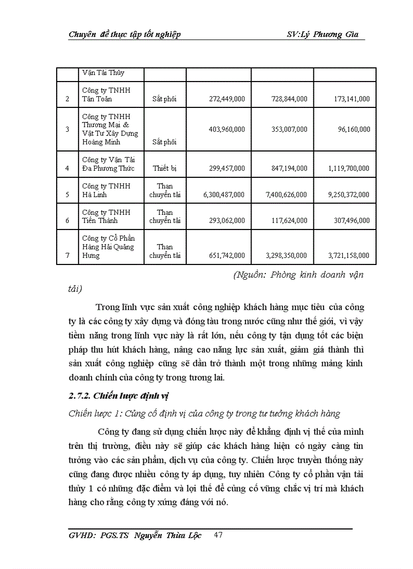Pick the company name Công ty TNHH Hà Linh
point(106,190)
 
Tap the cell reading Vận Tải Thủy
point(103,73)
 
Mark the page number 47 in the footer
point(219,535)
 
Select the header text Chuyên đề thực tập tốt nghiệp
point(125,34)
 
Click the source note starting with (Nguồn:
point(299,275)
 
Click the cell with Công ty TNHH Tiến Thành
point(106,216)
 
